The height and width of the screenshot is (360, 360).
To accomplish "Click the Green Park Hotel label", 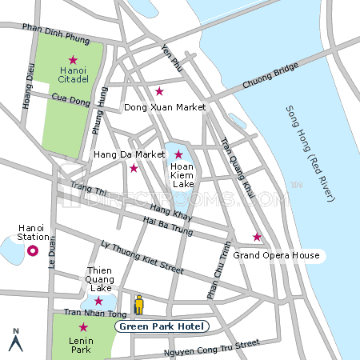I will pyautogui.click(x=162, y=326).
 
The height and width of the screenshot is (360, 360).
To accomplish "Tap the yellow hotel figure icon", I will pyautogui.click(x=138, y=304).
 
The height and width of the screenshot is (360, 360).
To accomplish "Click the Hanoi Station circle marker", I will pyautogui.click(x=33, y=251).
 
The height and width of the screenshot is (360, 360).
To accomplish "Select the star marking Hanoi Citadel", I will pyautogui.click(x=73, y=60).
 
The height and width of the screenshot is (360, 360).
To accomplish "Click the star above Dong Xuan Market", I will pyautogui.click(x=159, y=91).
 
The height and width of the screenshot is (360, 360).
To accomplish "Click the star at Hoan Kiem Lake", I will pyautogui.click(x=178, y=154).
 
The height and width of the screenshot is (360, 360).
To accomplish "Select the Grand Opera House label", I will pyautogui.click(x=276, y=255).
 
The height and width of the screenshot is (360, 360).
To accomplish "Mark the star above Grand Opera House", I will pyautogui.click(x=257, y=237).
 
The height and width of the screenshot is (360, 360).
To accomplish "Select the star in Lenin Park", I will pyautogui.click(x=82, y=327).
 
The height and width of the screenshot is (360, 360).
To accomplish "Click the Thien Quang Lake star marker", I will pyautogui.click(x=98, y=301).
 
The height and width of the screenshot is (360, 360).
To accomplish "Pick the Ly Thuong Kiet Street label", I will pyautogui.click(x=136, y=254).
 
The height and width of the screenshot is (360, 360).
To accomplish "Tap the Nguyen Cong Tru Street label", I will pyautogui.click(x=211, y=346).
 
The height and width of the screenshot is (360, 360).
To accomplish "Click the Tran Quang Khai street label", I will pyautogui.click(x=235, y=164).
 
